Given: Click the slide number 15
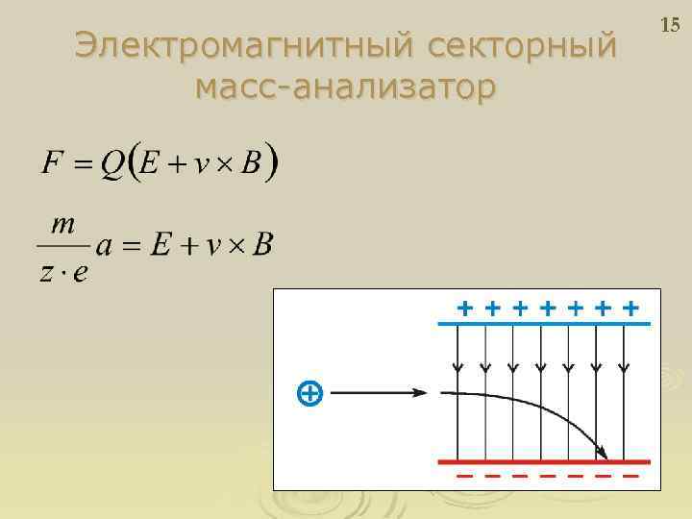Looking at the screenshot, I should pyautogui.click(x=670, y=23).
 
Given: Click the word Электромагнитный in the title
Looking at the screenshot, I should pyautogui.click(x=239, y=45).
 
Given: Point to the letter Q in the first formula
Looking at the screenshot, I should pyautogui.click(x=113, y=162).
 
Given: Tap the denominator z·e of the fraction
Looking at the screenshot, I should pyautogui.click(x=64, y=272).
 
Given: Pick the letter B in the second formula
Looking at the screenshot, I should pyautogui.click(x=261, y=246).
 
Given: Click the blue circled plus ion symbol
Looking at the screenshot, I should pyautogui.click(x=309, y=392).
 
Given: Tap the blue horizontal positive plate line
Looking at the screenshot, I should pyautogui.click(x=543, y=325).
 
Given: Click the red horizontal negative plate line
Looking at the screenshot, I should pyautogui.click(x=545, y=462).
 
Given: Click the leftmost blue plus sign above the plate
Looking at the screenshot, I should pyautogui.click(x=465, y=309).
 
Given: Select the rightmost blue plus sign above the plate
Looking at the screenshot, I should pyautogui.click(x=630, y=309).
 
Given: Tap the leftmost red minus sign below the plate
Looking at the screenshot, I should pyautogui.click(x=463, y=476).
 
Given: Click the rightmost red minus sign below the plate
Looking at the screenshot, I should pyautogui.click(x=630, y=476).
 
